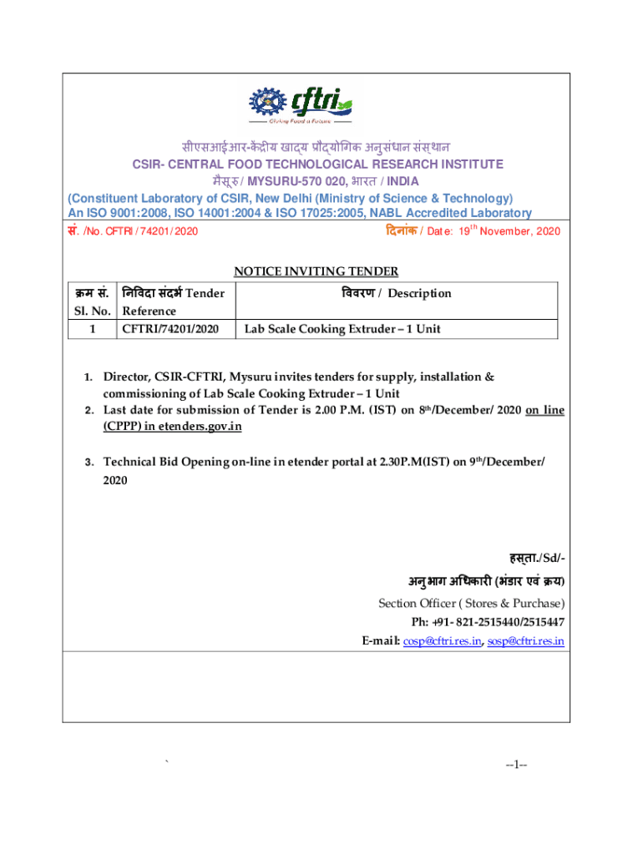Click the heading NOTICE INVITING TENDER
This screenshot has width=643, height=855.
[316, 271]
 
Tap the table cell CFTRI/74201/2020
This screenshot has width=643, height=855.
[170, 329]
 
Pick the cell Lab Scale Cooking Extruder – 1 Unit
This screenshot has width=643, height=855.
[342, 329]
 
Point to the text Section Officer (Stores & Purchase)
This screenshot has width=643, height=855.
[471, 603]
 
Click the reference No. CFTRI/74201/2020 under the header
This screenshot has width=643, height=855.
[134, 231]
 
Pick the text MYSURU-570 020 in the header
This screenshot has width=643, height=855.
[327, 181]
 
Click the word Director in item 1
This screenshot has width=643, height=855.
[125, 377]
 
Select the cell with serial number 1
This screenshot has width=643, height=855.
[92, 329]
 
